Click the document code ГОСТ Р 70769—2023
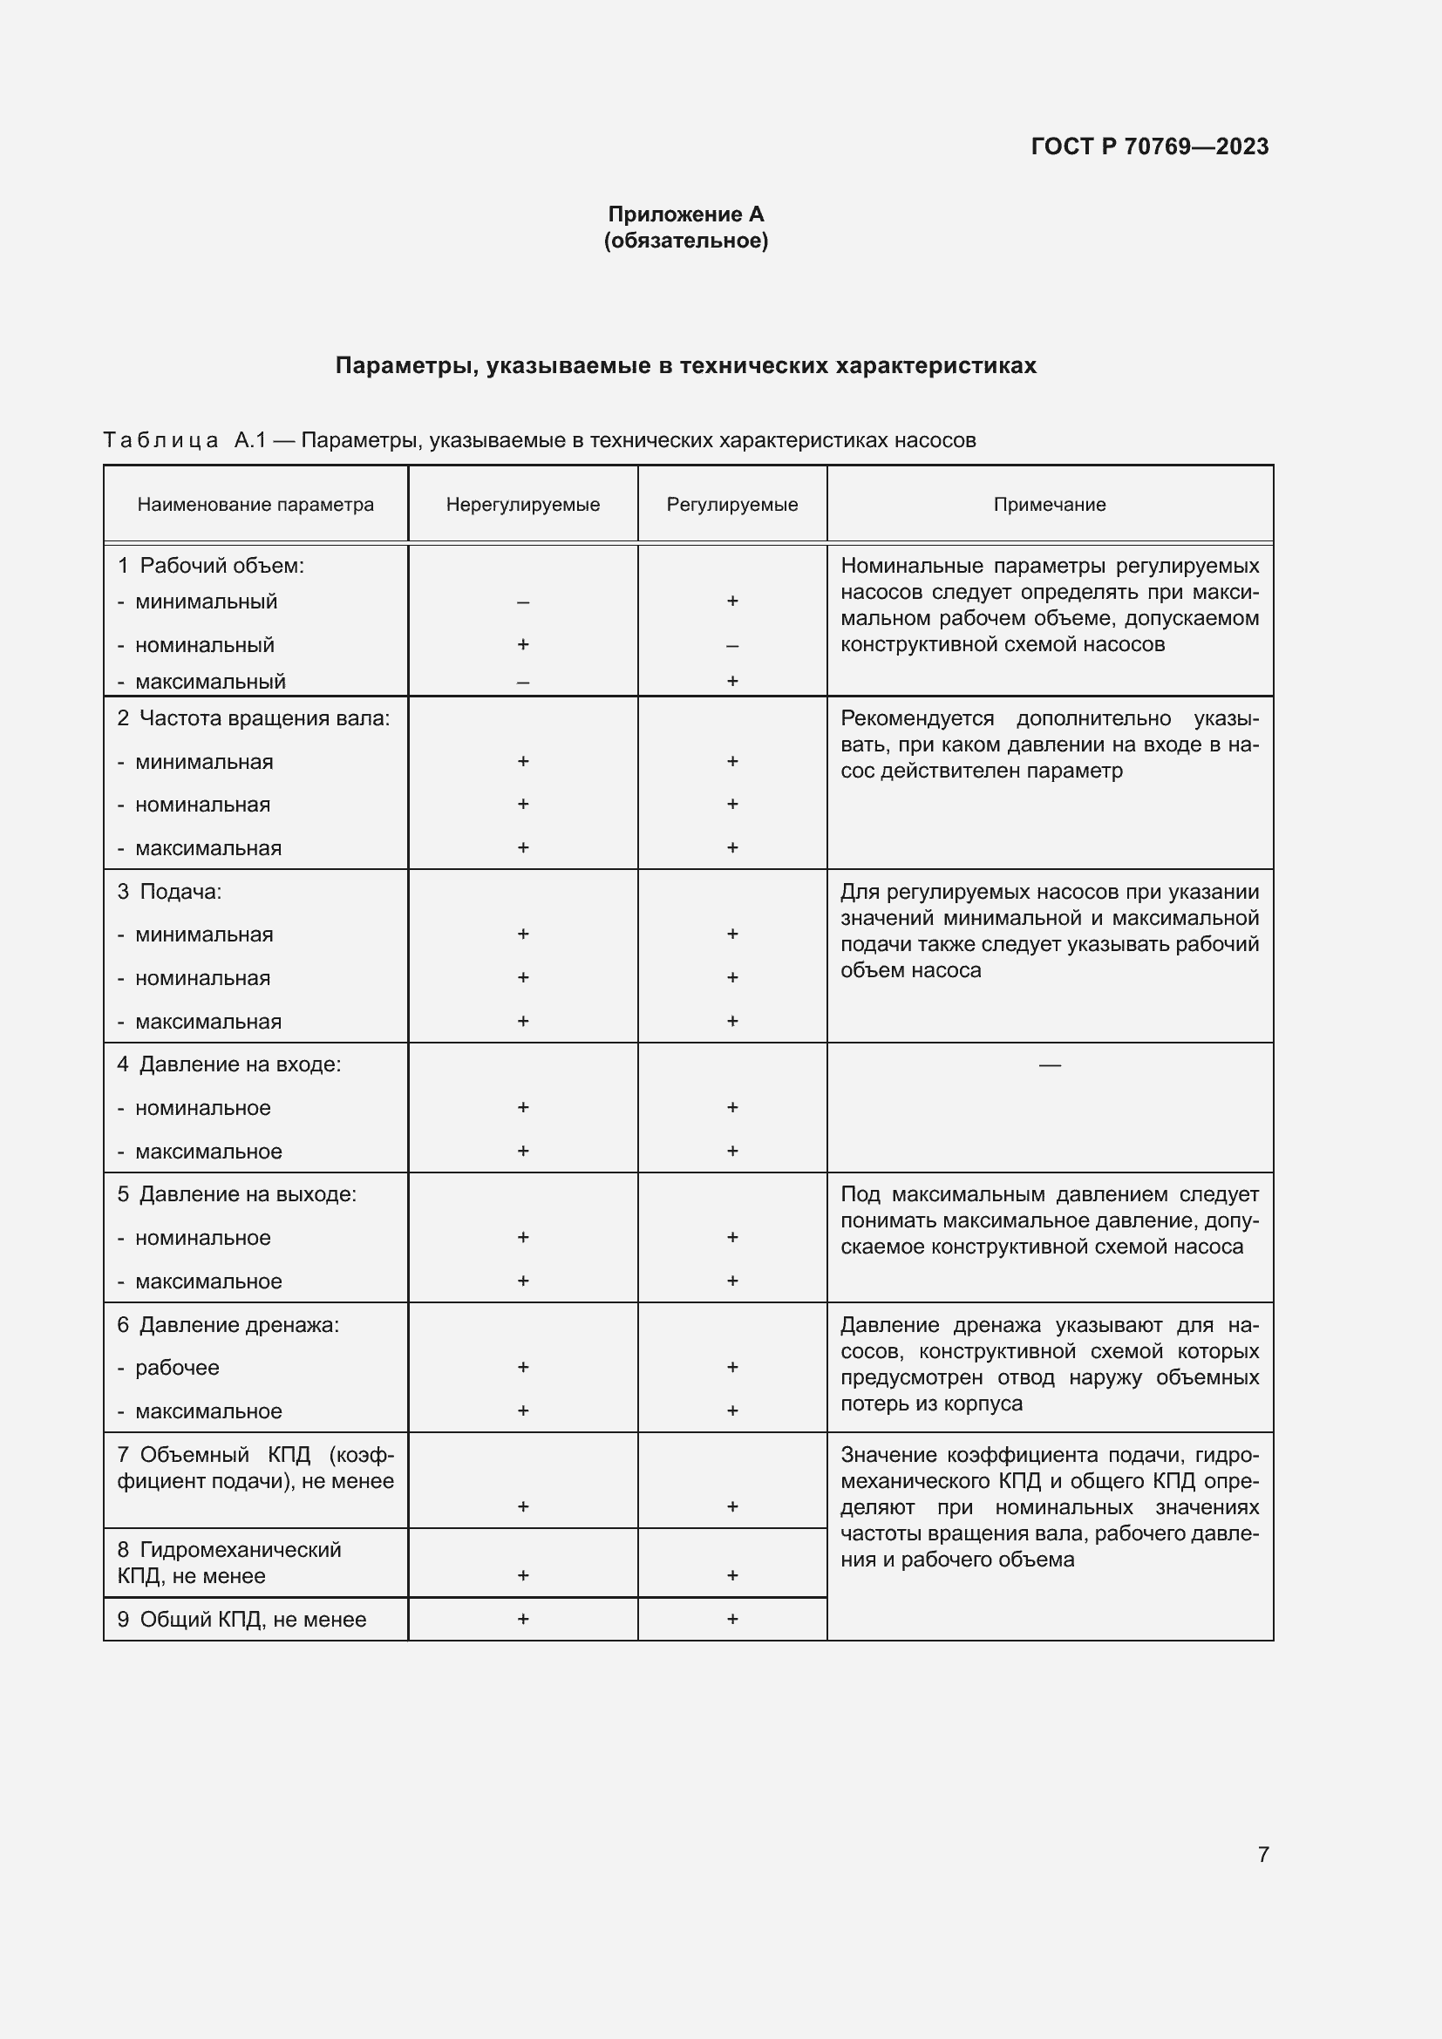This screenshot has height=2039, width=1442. pos(1149,146)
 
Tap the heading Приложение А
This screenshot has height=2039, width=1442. pos(685,214)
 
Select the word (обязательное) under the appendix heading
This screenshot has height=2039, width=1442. pos(685,241)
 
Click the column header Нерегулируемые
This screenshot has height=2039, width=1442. pos(523,505)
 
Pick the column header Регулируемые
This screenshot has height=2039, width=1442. pos(731,505)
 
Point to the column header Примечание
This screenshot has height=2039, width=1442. pos(1049,505)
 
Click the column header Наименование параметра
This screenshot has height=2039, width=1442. pos(255,505)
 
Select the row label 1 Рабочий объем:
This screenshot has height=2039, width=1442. pos(210,566)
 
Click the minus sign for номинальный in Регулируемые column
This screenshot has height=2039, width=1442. pos(731,646)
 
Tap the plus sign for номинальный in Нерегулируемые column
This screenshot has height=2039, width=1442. pos(523,644)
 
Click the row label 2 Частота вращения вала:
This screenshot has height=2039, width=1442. pos(253,717)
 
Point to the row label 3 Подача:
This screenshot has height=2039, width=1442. pos(170,892)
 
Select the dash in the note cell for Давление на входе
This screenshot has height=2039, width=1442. pos(1049,1064)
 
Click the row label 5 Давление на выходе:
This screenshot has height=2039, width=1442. pos(236,1194)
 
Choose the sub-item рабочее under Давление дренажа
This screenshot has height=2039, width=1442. pos(177,1368)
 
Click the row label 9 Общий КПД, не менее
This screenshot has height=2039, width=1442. pos(241,1619)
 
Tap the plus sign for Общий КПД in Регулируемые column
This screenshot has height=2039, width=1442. pos(731,1618)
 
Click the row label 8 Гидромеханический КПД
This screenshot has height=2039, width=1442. pos(229,1562)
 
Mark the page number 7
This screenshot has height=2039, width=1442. pos(1262,1854)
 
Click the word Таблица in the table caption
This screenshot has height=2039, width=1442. pos(160,440)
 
